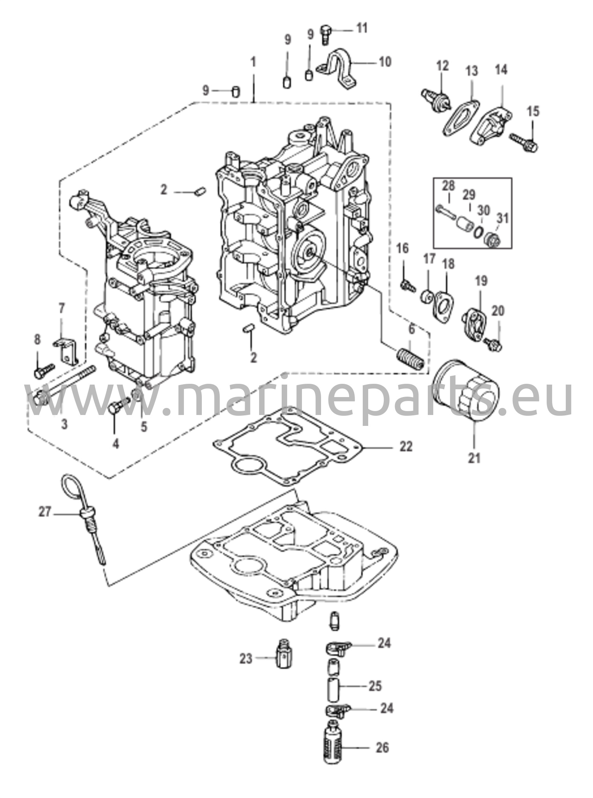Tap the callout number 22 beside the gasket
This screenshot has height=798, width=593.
point(406,447)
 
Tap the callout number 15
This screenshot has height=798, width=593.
point(533,112)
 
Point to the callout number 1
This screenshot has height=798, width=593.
point(254,62)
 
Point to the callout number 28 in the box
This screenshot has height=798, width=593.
point(448,186)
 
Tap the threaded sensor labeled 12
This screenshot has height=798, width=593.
point(435,99)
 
